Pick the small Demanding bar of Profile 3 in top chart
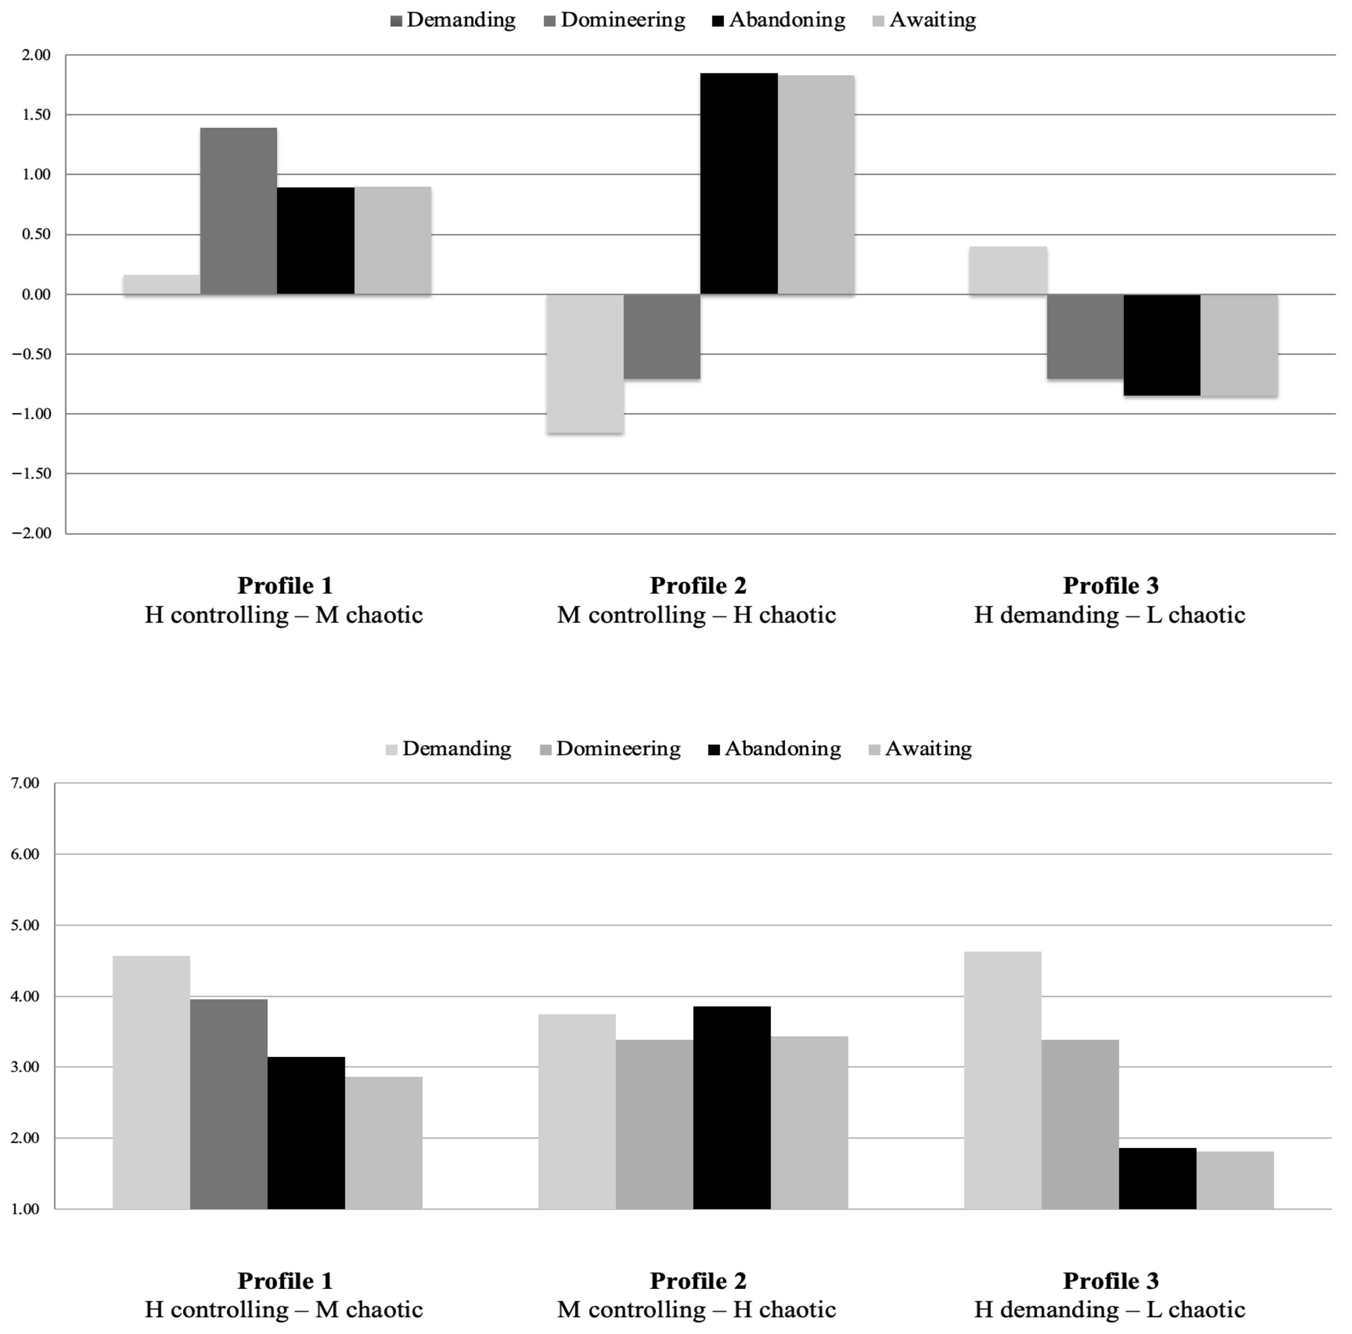(1008, 270)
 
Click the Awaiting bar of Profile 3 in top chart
(1238, 345)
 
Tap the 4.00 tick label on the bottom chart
(25, 996)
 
